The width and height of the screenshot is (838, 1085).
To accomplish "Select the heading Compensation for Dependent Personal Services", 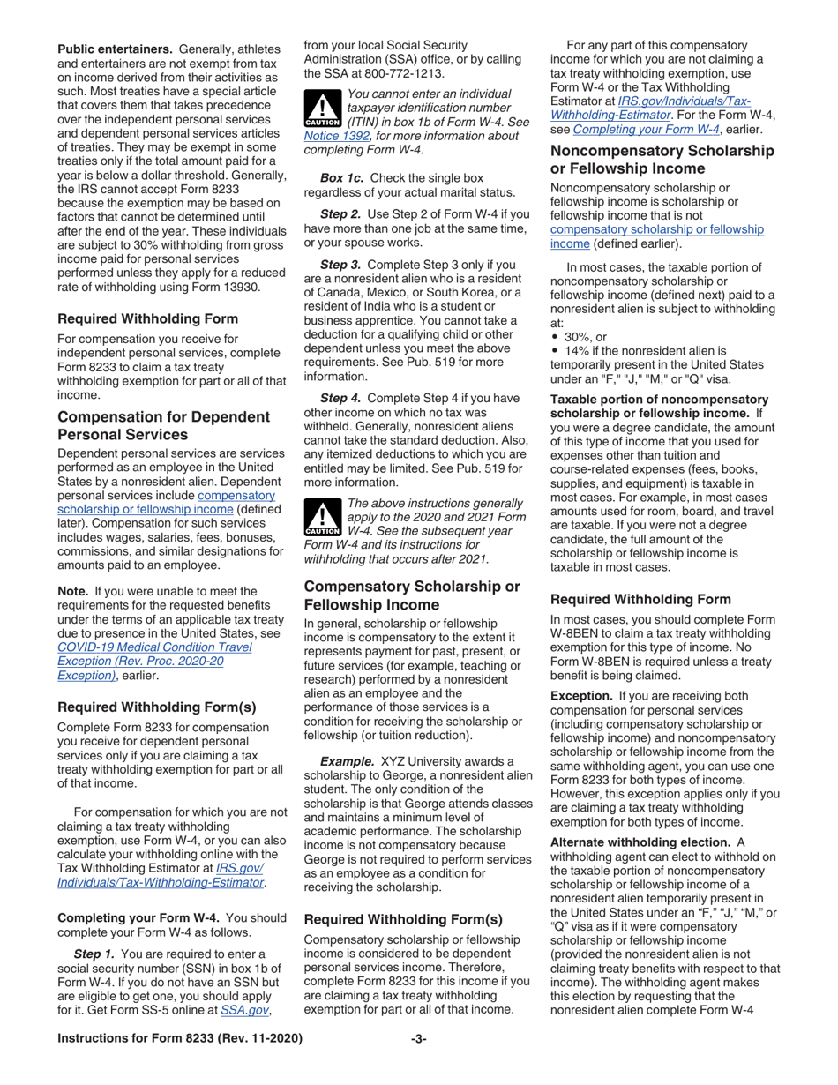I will tap(162, 424).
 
